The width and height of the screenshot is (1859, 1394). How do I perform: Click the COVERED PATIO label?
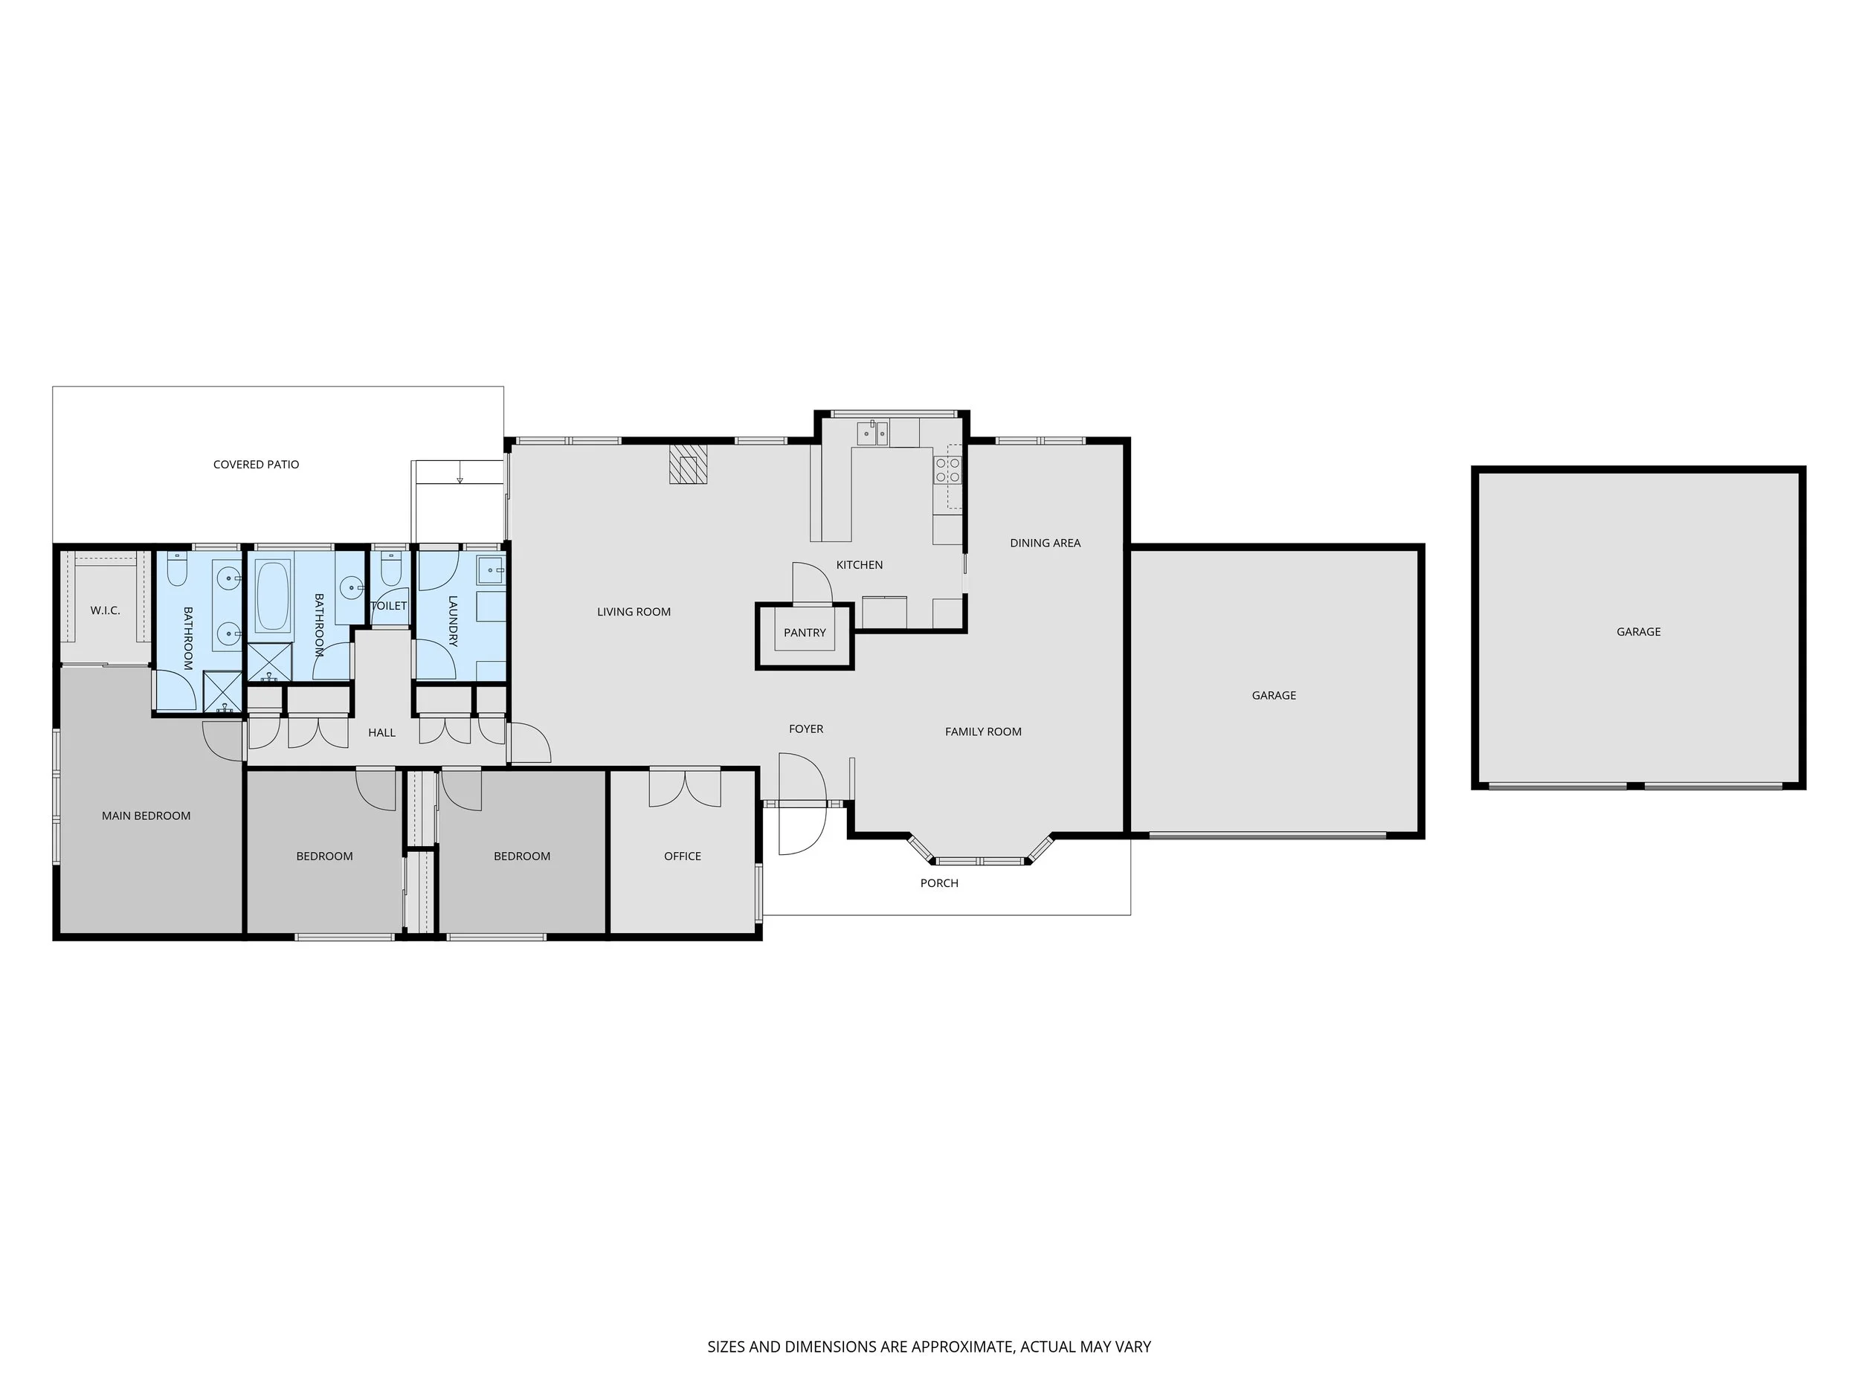point(256,465)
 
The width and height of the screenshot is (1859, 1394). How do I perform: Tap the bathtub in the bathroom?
point(272,596)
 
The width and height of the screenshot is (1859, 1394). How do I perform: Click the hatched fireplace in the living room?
point(689,464)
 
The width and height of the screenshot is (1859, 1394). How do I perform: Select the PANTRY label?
point(805,633)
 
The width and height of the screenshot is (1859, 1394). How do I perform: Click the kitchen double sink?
point(872,433)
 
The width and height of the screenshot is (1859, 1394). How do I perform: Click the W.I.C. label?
point(105,610)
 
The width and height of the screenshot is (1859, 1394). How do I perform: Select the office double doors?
point(684,789)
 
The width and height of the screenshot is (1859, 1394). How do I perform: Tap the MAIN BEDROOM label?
point(146,816)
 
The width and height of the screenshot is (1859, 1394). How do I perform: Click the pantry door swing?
point(811,582)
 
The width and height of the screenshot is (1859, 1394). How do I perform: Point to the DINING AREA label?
point(1045,543)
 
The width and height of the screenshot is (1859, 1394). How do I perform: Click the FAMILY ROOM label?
point(982,732)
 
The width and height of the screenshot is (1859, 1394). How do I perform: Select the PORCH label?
point(938,883)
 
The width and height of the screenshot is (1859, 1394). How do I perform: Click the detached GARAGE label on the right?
point(1638,632)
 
